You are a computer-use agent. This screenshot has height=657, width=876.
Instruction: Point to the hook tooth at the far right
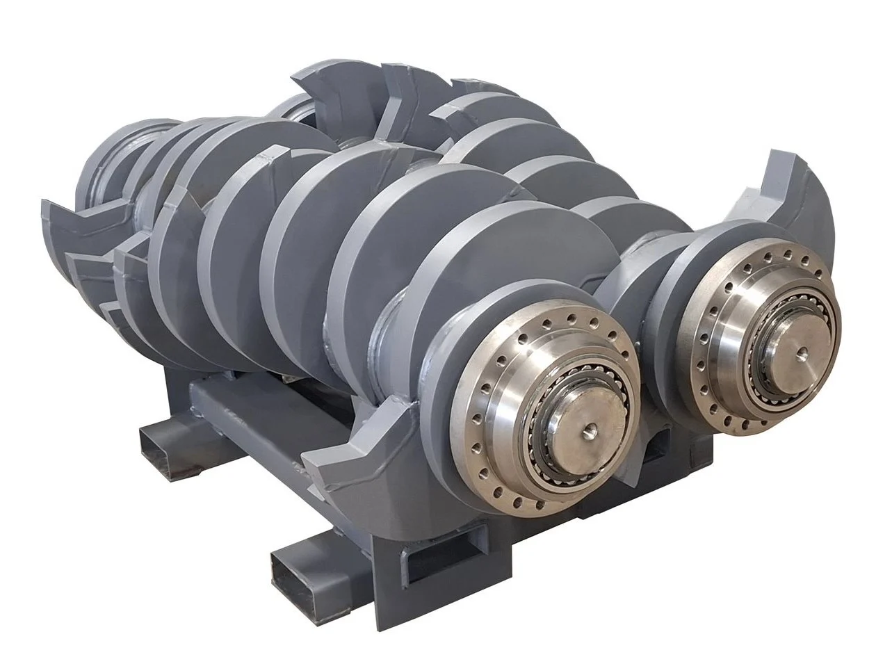click(800, 188)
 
